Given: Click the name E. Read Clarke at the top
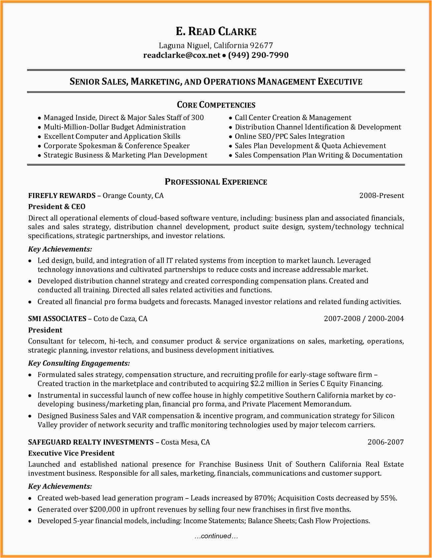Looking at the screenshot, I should [x=216, y=31].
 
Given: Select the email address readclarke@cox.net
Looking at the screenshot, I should [x=182, y=55].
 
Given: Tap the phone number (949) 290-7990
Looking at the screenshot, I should [x=258, y=55].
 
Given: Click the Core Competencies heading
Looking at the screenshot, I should [x=216, y=105].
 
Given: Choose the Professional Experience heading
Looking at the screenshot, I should [x=216, y=182].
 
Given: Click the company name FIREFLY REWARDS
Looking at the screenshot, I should [x=62, y=196].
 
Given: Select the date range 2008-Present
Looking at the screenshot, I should [x=382, y=196].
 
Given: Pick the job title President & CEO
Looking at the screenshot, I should [x=57, y=207].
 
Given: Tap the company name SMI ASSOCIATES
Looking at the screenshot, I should [x=57, y=319].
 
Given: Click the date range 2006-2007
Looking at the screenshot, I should [x=386, y=442].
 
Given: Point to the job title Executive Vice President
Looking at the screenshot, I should [x=71, y=453].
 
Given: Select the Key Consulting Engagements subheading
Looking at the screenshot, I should [x=79, y=363].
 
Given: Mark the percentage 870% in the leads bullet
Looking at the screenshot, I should [x=264, y=498].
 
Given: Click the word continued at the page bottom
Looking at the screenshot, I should [x=216, y=536].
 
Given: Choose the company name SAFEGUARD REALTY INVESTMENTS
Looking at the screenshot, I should [x=91, y=442].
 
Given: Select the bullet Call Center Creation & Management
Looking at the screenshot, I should [x=293, y=118].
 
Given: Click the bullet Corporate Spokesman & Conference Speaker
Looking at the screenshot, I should [x=117, y=146].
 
